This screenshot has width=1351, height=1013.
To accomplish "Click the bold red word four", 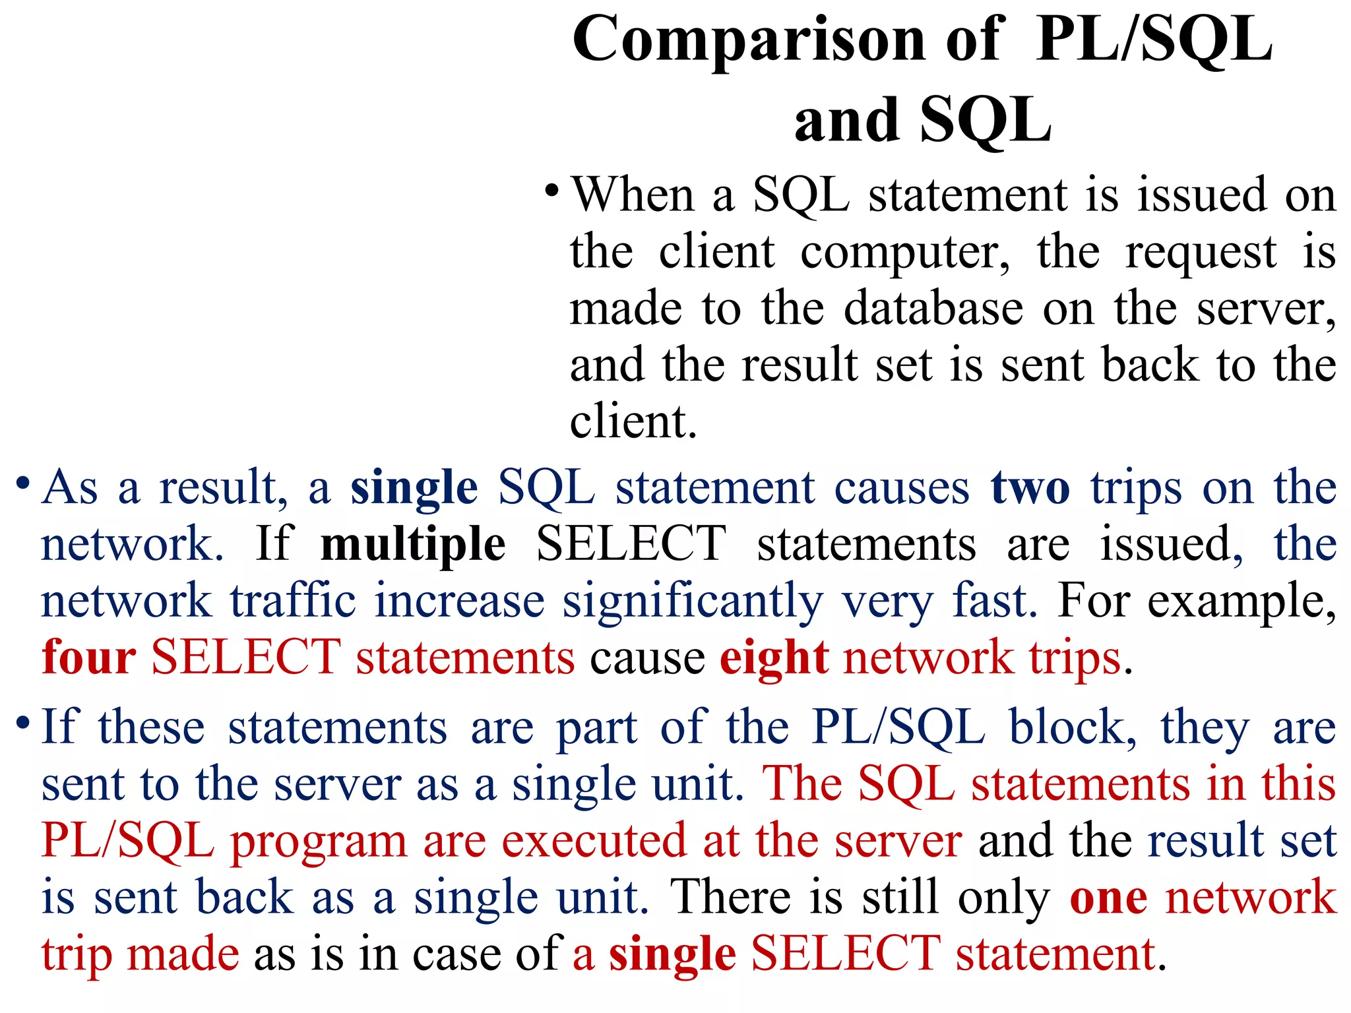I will coord(88,658).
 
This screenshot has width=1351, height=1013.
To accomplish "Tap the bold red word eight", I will coord(774,658).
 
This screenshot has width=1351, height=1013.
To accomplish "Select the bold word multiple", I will coord(413,545).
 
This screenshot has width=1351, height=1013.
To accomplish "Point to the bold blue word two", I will coord(1030,488).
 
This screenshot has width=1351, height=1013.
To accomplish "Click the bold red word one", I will coord(1108,898).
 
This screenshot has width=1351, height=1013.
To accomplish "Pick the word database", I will coord(933,309).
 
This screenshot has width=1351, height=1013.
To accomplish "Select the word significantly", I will coord(693,602).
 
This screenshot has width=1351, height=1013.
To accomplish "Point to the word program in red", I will coord(319,842).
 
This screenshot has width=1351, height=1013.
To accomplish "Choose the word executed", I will coord(594,841).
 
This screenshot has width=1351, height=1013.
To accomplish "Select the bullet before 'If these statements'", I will coord(23,723).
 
